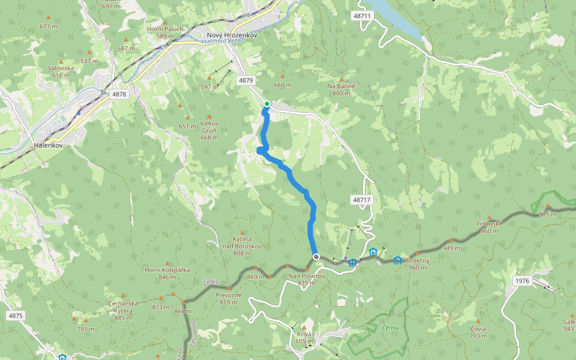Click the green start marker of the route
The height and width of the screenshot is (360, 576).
coord(267,104)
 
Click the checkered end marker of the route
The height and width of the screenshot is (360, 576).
coord(316,257)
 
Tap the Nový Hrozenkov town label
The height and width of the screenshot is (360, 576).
coord(232,35)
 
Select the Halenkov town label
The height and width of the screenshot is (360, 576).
coord(49,146)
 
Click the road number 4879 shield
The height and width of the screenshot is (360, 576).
coord(246,80)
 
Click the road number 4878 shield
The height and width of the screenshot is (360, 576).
coord(119,94)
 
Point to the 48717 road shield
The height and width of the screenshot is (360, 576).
coord(362,199)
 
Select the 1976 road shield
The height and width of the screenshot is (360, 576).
coord(523,281)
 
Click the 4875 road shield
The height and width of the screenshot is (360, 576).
coord(16,316)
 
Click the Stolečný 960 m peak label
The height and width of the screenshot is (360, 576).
coord(417,265)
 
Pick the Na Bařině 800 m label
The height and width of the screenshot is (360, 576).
coord(341,89)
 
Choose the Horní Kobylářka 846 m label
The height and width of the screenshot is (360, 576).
coord(167,273)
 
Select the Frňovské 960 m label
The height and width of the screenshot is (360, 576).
coord(489,227)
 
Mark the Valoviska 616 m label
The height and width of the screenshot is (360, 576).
coord(61,71)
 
